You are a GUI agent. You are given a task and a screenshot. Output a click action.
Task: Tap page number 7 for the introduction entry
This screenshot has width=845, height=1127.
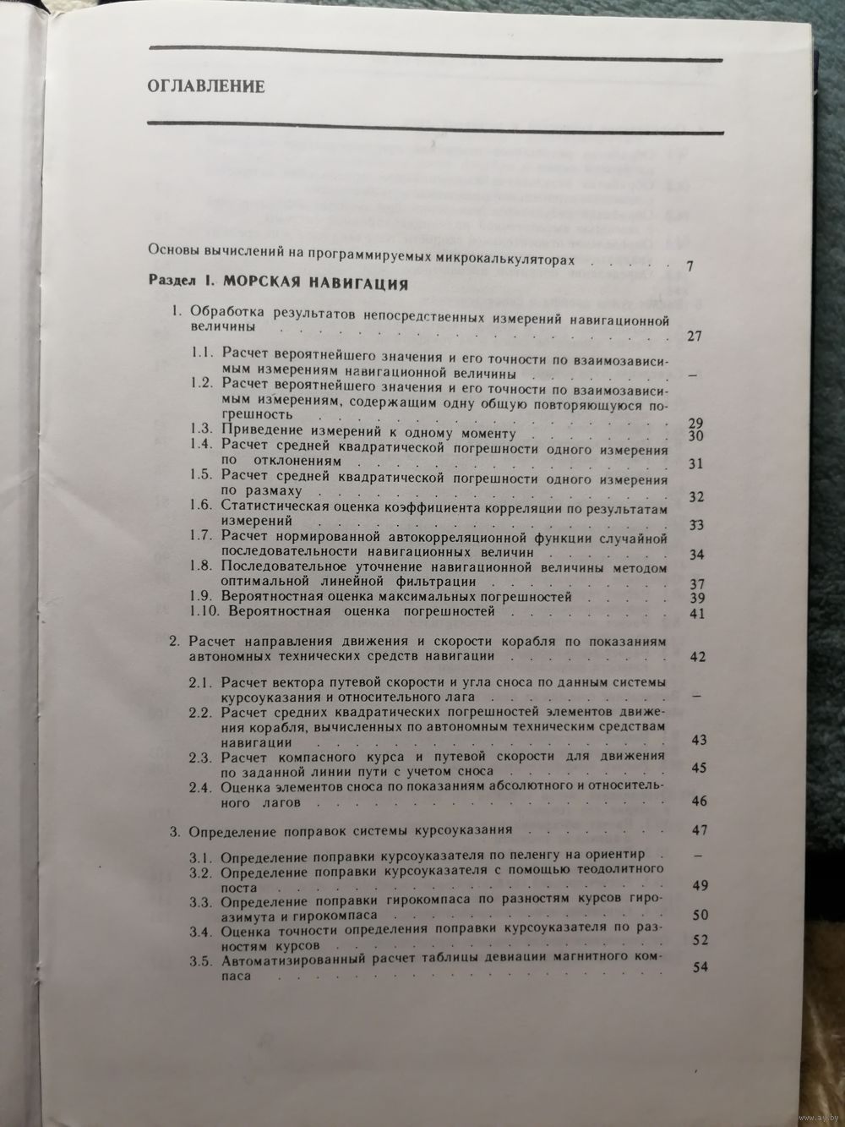690,266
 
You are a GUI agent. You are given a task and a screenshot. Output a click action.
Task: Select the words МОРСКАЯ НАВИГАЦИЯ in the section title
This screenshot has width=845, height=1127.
308,283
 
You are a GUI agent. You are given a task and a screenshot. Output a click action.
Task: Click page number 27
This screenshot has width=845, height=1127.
695,336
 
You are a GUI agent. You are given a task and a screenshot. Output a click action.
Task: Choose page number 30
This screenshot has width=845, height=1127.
696,436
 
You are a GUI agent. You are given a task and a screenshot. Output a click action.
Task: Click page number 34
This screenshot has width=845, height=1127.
696,555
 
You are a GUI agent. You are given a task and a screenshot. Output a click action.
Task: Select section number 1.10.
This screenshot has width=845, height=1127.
204,610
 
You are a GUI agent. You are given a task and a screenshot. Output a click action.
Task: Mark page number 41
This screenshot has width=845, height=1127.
696,614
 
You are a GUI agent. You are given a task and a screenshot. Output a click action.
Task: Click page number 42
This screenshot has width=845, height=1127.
697,656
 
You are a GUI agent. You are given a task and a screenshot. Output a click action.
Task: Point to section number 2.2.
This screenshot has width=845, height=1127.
202,712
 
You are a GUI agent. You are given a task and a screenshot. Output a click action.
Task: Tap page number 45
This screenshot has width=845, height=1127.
698,768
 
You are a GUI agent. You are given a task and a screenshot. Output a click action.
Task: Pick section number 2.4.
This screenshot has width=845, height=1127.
202,786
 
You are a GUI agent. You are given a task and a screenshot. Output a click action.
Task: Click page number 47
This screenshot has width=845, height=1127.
698,829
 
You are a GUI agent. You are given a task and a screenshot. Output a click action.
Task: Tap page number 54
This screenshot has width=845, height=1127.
699,967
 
